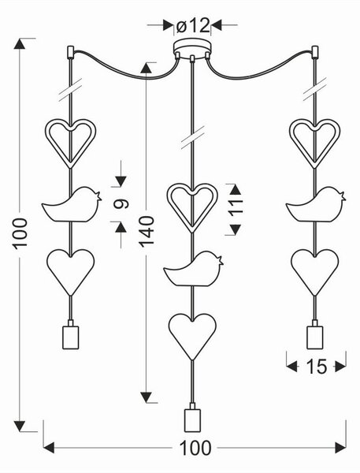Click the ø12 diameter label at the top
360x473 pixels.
pos(192,26)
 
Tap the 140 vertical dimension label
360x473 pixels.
pos(147,232)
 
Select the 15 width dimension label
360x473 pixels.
pos(317,367)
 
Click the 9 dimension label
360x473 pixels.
pos(121,204)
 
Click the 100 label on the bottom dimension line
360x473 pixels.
pos(195,448)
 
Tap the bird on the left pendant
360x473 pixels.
pos(72,204)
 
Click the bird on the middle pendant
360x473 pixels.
pos(193,269)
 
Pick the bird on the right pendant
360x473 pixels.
pos(316,204)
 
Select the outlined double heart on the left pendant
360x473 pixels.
pos(71,143)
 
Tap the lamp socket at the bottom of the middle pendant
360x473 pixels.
pos(192,418)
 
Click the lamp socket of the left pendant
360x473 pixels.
pos(71,335)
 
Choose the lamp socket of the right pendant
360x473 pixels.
pos(315,335)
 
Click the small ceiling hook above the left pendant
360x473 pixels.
pos(70,51)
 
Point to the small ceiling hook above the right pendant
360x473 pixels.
pos(315,51)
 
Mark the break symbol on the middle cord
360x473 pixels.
pos(193,138)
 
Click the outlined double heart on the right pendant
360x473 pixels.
pos(315,143)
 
